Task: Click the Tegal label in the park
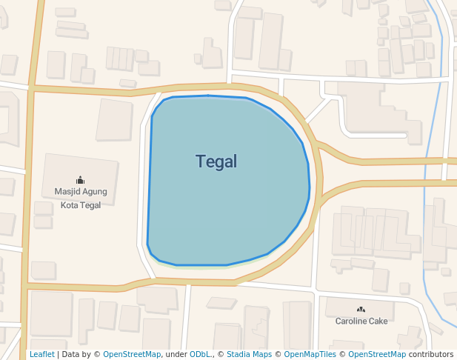click(216, 161)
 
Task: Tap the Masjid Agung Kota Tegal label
click(81, 198)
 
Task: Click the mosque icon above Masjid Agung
click(80, 180)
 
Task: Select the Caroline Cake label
click(361, 321)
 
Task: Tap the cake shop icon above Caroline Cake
click(361, 309)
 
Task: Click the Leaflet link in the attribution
click(41, 355)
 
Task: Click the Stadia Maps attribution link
click(249, 355)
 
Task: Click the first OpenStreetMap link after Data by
click(132, 355)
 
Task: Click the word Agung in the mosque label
click(95, 192)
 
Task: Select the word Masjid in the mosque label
click(67, 192)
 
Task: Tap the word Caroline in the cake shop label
click(351, 321)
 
